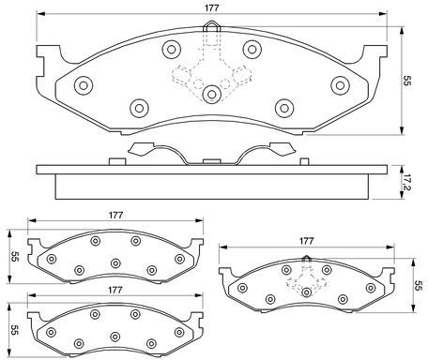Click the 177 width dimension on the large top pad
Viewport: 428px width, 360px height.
[x=212, y=7]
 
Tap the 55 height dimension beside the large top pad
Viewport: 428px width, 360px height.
[x=406, y=81]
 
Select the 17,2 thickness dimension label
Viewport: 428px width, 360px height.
[x=406, y=182]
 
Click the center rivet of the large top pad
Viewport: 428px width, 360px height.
[x=212, y=94]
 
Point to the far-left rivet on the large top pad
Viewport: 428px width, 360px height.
[x=84, y=85]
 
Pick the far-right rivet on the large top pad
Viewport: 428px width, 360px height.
[x=340, y=85]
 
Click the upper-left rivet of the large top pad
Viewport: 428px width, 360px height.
[x=172, y=49]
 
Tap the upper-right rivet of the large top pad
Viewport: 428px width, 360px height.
[x=252, y=49]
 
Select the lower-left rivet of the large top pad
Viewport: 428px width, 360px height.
[x=139, y=108]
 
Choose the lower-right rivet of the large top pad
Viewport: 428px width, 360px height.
[x=284, y=108]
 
